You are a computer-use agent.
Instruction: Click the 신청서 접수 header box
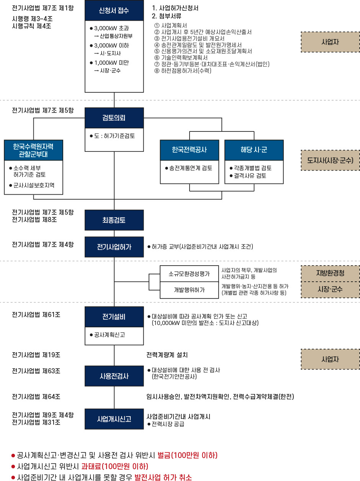pyautogui.click(x=114, y=10)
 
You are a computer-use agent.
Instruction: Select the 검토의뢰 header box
pyautogui.click(x=114, y=118)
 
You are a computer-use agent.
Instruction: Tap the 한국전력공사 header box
pyautogui.click(x=190, y=150)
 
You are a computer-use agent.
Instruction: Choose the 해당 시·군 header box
pyautogui.click(x=254, y=150)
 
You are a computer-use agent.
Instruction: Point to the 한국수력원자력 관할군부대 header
pyautogui.click(x=33, y=150)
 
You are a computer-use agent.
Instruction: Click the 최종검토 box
pyautogui.click(x=114, y=220)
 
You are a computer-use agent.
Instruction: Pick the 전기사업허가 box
pyautogui.click(x=114, y=247)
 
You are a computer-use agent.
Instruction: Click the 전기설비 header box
pyautogui.click(x=114, y=317)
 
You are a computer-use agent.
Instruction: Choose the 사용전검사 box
pyautogui.click(x=114, y=376)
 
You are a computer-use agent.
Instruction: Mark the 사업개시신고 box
pyautogui.click(x=114, y=419)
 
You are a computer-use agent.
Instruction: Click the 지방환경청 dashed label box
pyautogui.click(x=330, y=273)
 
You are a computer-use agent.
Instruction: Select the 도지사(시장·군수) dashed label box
pyautogui.click(x=330, y=160)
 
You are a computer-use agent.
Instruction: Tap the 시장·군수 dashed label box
pyautogui.click(x=330, y=290)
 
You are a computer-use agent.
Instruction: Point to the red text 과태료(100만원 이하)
pyautogui.click(x=115, y=466)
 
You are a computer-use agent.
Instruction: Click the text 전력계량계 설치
pyautogui.click(x=167, y=355)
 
